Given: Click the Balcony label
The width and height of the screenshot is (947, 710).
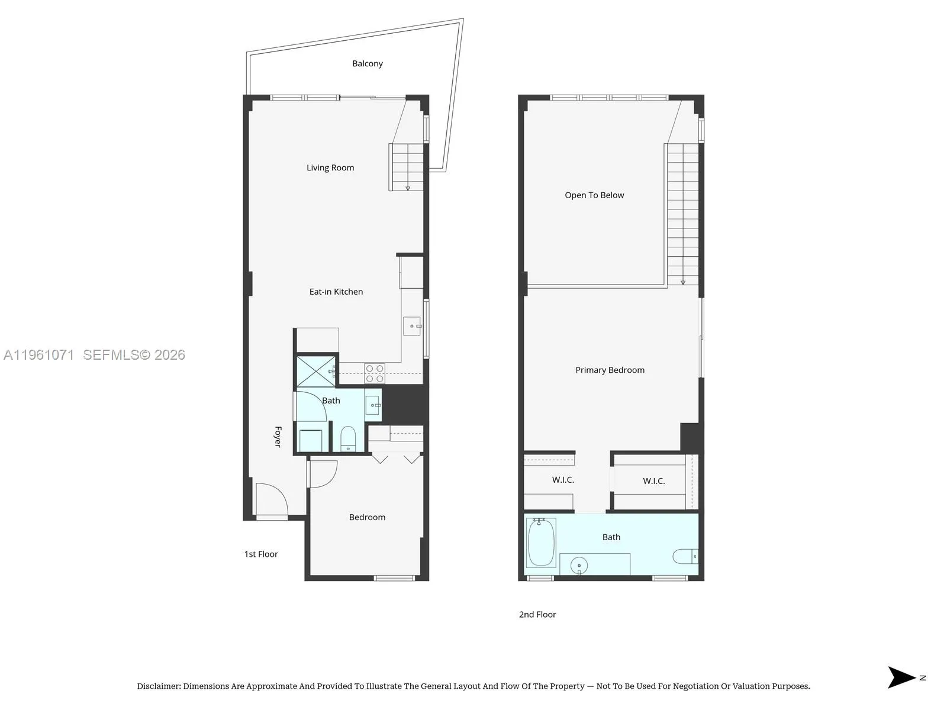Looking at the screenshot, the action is (x=367, y=64).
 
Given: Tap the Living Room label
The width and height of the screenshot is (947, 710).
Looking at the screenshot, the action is (x=330, y=167).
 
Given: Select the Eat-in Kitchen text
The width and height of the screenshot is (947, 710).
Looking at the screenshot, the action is (x=336, y=292).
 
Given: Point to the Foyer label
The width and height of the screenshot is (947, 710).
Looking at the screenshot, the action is (x=278, y=437).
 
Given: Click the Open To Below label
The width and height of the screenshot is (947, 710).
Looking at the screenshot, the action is (x=594, y=195).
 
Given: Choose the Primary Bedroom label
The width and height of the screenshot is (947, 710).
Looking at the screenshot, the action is (x=610, y=370).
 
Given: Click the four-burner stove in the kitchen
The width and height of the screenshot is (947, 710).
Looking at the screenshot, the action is (x=375, y=373).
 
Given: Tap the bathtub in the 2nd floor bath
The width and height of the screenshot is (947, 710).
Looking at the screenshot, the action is (x=541, y=543).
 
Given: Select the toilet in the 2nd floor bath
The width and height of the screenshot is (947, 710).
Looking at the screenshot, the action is (x=685, y=556).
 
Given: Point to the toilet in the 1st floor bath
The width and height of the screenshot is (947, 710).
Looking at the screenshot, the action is (x=348, y=438).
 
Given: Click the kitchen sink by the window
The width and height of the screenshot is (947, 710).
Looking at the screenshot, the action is (x=412, y=327).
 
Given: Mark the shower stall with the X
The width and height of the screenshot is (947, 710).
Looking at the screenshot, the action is (x=316, y=371).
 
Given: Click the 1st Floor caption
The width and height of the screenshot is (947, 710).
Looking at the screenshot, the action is (x=261, y=554).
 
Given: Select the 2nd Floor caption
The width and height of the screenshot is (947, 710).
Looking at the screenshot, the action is (x=537, y=615).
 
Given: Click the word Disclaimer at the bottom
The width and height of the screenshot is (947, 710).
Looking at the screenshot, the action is (x=159, y=686).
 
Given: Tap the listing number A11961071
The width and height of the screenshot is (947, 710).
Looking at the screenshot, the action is (x=39, y=355).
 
